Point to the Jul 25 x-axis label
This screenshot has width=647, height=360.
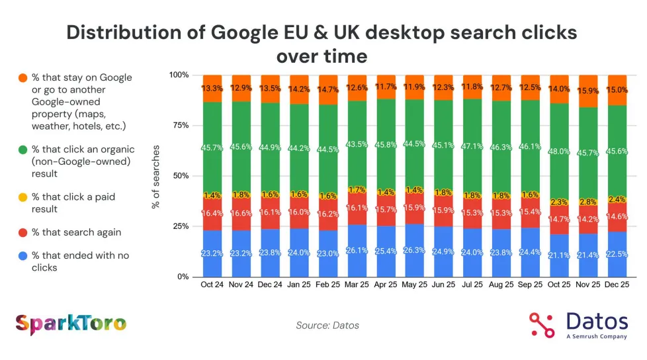(473, 285)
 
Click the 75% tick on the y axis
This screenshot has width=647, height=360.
(179, 125)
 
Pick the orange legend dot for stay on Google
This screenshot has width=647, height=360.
(23, 77)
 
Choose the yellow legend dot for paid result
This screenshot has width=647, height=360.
(23, 197)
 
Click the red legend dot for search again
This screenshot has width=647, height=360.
(23, 232)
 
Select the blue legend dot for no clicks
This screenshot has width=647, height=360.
(23, 255)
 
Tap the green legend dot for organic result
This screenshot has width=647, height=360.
(23, 150)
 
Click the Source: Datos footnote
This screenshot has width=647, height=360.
(328, 325)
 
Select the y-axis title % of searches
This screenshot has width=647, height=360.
(156, 175)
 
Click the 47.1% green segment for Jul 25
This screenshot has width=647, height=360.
(473, 147)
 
